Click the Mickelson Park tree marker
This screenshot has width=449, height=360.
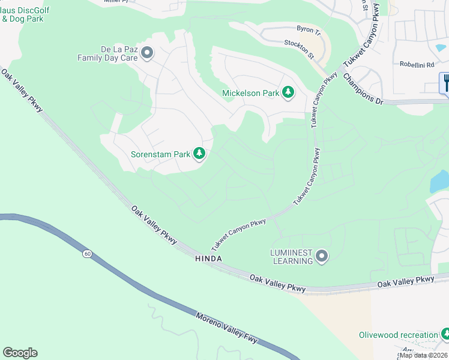click(x=289, y=92)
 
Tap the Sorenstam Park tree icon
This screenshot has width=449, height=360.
click(x=199, y=154)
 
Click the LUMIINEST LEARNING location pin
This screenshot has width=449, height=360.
click(x=322, y=257)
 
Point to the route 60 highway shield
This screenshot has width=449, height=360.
click(x=88, y=254)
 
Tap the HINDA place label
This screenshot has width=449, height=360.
click(x=208, y=259)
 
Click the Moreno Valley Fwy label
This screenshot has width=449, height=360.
click(x=227, y=328)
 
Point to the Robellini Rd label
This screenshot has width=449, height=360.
click(x=417, y=64)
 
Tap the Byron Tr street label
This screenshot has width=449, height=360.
click(x=310, y=29)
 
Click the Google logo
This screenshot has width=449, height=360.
click(x=20, y=353)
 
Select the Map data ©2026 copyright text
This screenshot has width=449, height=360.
click(x=423, y=355)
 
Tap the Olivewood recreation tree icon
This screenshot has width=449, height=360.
click(x=445, y=334)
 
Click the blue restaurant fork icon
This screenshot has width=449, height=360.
click(x=445, y=82)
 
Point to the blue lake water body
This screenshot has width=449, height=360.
click(x=440, y=181)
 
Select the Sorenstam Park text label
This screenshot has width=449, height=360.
click(x=161, y=154)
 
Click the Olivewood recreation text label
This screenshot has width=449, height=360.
click(x=398, y=335)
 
